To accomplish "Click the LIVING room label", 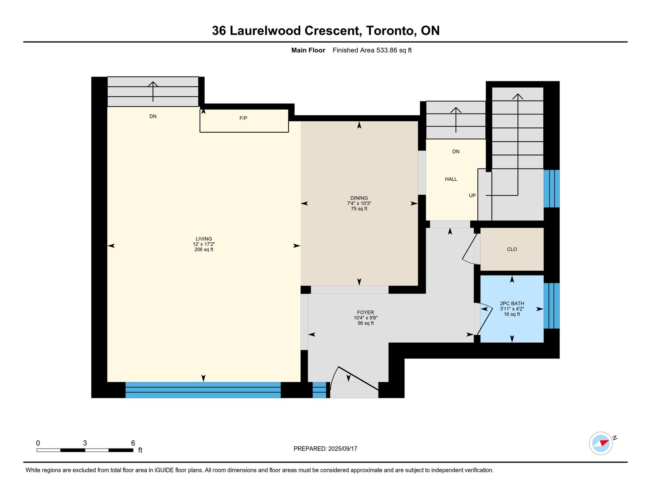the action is pos(204,239).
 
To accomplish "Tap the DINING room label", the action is pos(359,198).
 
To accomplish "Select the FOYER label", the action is pos(365,313).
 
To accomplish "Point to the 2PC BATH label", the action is pos(512,304).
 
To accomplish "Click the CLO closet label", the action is pos(512,249).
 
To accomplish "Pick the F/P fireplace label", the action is pos(243,118).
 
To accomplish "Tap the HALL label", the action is pos(451,179).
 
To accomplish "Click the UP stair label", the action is pos(472,196).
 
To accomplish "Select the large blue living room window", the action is pos(203,390).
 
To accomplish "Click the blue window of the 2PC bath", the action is pos(552,306).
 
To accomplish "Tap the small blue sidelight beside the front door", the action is pos(319,390).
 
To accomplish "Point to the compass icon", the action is pos(601,444).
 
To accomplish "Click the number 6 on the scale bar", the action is pos(133,443).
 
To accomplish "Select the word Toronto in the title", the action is pos(390,31).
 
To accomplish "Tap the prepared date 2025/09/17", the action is pos(343,449).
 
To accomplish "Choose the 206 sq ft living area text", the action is pos(204,249).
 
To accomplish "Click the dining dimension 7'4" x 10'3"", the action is pos(359,203).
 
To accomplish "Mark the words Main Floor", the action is pos(308,50).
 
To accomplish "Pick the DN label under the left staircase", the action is pos(153,116).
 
